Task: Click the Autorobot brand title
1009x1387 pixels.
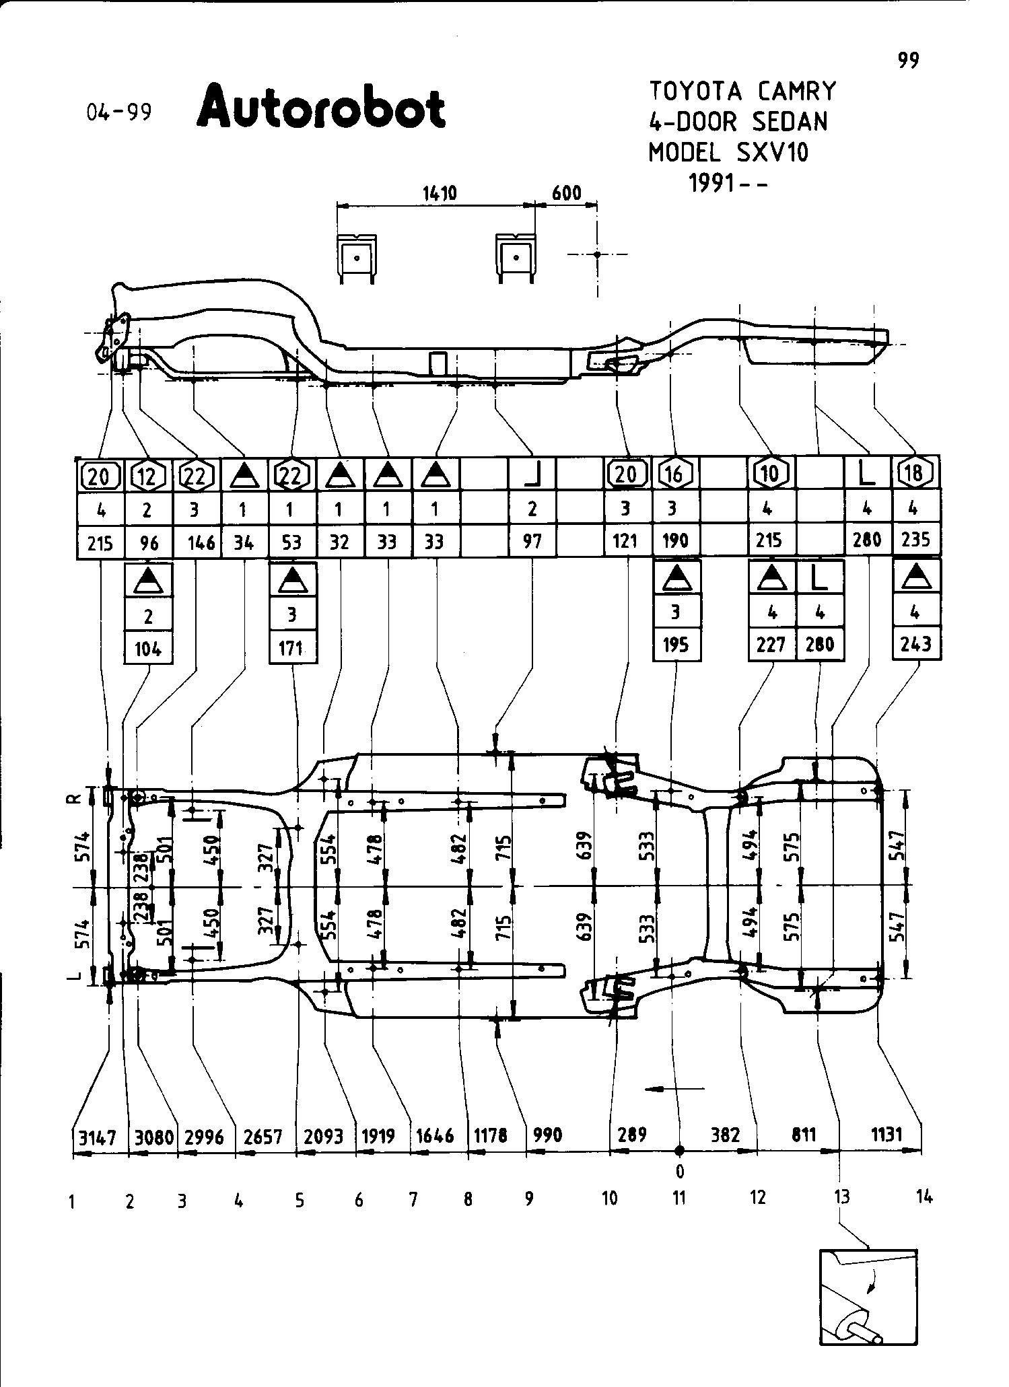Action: point(320,106)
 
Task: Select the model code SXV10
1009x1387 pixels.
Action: point(772,153)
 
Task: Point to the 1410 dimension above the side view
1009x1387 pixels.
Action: point(440,194)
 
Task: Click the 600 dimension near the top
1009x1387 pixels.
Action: point(566,194)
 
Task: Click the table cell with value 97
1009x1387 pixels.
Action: point(532,542)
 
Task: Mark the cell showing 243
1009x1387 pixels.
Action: point(916,645)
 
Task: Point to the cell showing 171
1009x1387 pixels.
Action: point(291,649)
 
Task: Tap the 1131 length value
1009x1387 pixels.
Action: point(886,1135)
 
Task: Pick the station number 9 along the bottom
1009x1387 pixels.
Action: point(529,1198)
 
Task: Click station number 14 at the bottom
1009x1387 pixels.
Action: point(925,1197)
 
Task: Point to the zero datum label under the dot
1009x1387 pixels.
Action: point(680,1172)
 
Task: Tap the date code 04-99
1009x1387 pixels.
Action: point(119,112)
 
